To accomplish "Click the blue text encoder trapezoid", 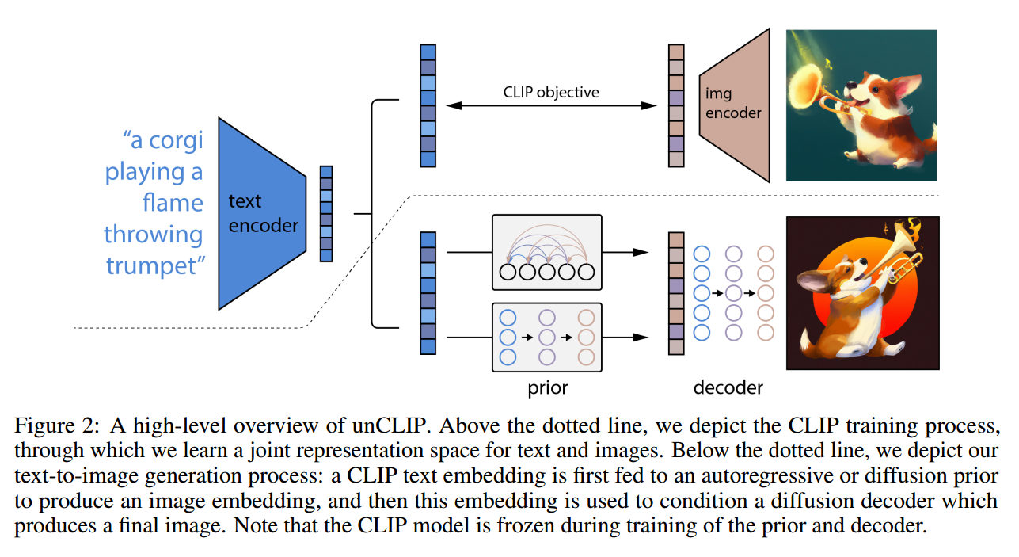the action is coord(262,214).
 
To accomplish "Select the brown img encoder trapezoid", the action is coord(735,105).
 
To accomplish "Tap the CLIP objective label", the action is coord(551,93).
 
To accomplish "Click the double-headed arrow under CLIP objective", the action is coord(551,106).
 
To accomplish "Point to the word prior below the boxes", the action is coord(548,388).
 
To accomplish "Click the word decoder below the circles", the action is coord(728,387).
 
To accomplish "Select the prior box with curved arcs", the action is coord(547,252).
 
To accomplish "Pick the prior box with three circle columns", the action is coord(547,338).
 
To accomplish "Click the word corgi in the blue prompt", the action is coord(176,141).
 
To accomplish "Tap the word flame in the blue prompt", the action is coord(173,202).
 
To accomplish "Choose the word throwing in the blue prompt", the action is coord(154,235).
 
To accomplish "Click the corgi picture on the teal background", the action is coord(861,105).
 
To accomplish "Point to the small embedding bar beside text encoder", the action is coord(326,214).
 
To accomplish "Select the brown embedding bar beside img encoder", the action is coord(676,105).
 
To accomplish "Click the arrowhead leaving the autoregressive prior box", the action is coord(641,252).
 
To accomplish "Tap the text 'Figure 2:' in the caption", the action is coord(57,426).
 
